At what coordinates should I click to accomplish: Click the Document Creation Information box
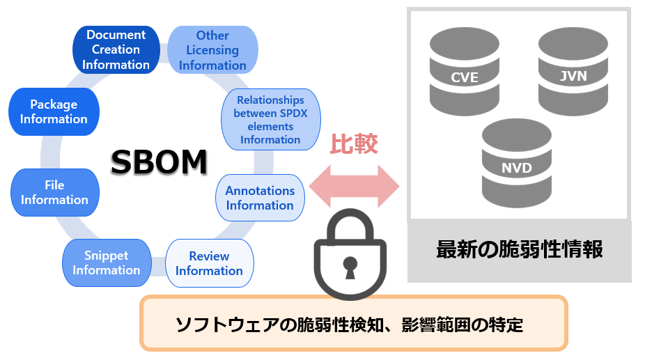click(116, 49)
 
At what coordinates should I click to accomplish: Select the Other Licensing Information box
click(212, 50)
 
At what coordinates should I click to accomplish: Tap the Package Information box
click(54, 111)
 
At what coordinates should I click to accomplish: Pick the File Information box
click(54, 192)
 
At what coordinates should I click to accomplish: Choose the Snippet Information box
click(107, 263)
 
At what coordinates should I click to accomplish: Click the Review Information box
click(209, 263)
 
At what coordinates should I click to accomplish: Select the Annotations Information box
click(260, 198)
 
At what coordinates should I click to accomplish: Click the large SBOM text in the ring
click(160, 162)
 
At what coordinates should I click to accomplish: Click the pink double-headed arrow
click(354, 187)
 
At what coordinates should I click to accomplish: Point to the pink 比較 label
click(354, 143)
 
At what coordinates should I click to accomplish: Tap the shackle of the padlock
click(350, 224)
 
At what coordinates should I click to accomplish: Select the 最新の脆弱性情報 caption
click(519, 249)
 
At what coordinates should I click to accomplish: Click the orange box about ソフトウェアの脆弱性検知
click(354, 323)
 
